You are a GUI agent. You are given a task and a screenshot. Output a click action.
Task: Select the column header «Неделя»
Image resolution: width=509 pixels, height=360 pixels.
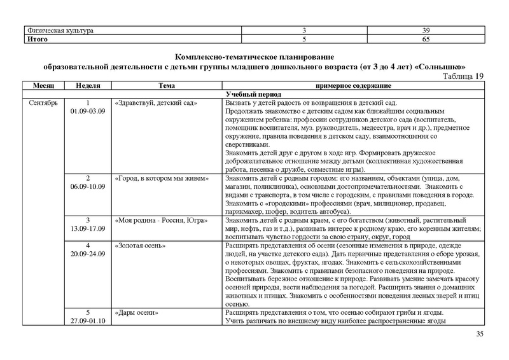click(x=87, y=85)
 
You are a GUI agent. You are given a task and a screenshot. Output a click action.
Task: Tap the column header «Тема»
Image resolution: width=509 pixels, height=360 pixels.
click(x=167, y=85)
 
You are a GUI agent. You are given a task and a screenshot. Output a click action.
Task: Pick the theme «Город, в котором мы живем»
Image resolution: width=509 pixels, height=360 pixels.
click(x=161, y=179)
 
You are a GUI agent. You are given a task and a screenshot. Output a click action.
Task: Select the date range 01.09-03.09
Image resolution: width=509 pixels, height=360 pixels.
click(x=87, y=111)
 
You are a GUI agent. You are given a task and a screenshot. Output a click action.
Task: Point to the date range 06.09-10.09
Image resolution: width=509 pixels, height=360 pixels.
click(x=87, y=187)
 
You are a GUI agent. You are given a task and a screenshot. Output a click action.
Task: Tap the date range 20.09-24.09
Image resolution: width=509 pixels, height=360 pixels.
click(x=87, y=253)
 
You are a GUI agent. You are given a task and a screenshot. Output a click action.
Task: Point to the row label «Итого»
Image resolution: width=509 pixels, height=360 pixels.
click(x=37, y=39)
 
